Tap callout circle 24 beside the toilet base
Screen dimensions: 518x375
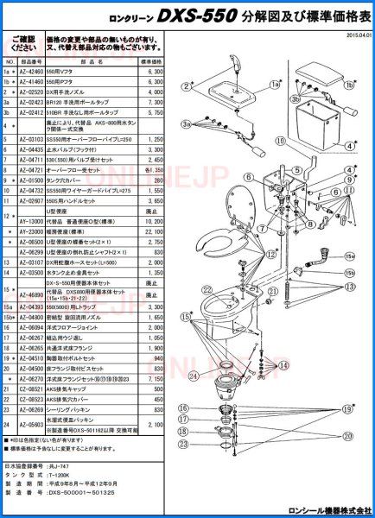point(194,376)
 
